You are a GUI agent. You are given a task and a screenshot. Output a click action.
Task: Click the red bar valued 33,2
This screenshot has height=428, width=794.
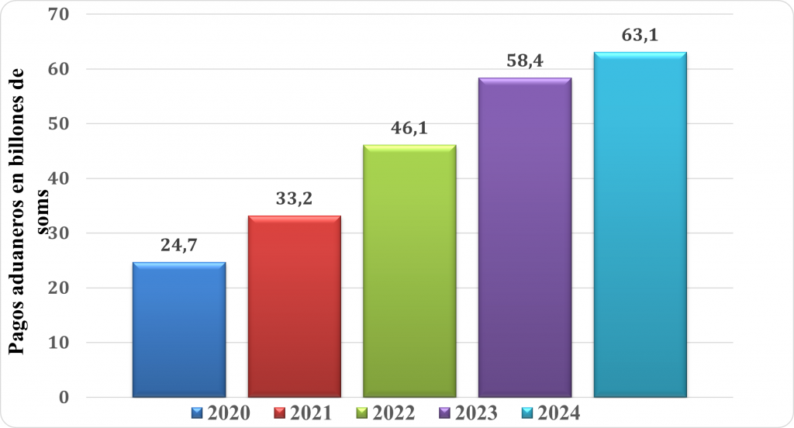pos(295,306)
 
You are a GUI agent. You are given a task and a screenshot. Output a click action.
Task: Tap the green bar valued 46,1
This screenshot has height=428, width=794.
pos(409,271)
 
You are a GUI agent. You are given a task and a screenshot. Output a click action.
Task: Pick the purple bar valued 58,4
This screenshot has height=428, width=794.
pos(525,237)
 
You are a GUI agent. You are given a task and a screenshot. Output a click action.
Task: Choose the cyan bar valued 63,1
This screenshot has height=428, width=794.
pos(640,225)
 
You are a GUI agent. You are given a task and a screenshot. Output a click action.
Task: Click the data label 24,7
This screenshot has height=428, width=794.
pos(179,247)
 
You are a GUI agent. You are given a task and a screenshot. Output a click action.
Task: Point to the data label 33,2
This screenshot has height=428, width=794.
pos(295,200)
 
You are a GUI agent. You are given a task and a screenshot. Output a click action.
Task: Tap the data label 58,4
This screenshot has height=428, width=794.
pos(525,62)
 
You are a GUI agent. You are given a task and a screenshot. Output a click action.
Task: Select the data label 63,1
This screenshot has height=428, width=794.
pos(640,36)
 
